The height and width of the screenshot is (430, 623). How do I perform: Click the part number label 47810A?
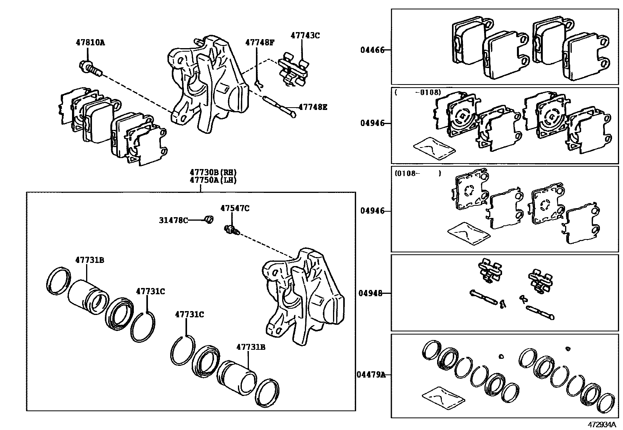(x=90, y=43)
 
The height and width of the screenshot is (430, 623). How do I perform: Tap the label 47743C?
(x=305, y=35)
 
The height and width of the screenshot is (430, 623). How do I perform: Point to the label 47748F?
(x=260, y=42)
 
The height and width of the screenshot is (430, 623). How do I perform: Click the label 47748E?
(x=312, y=106)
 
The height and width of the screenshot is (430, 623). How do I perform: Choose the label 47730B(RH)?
(x=213, y=172)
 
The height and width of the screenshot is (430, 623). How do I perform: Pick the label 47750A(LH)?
(x=213, y=180)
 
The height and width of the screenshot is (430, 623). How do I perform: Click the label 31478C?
(x=173, y=220)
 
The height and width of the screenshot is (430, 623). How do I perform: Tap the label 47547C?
(x=234, y=209)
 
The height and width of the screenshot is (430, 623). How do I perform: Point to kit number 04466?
(x=372, y=50)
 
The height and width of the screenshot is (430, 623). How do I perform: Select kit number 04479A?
(x=370, y=374)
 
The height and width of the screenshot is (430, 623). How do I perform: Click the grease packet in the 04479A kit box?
(x=443, y=399)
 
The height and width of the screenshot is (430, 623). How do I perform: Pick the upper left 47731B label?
(x=90, y=260)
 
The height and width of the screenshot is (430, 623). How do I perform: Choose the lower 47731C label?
(x=189, y=314)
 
